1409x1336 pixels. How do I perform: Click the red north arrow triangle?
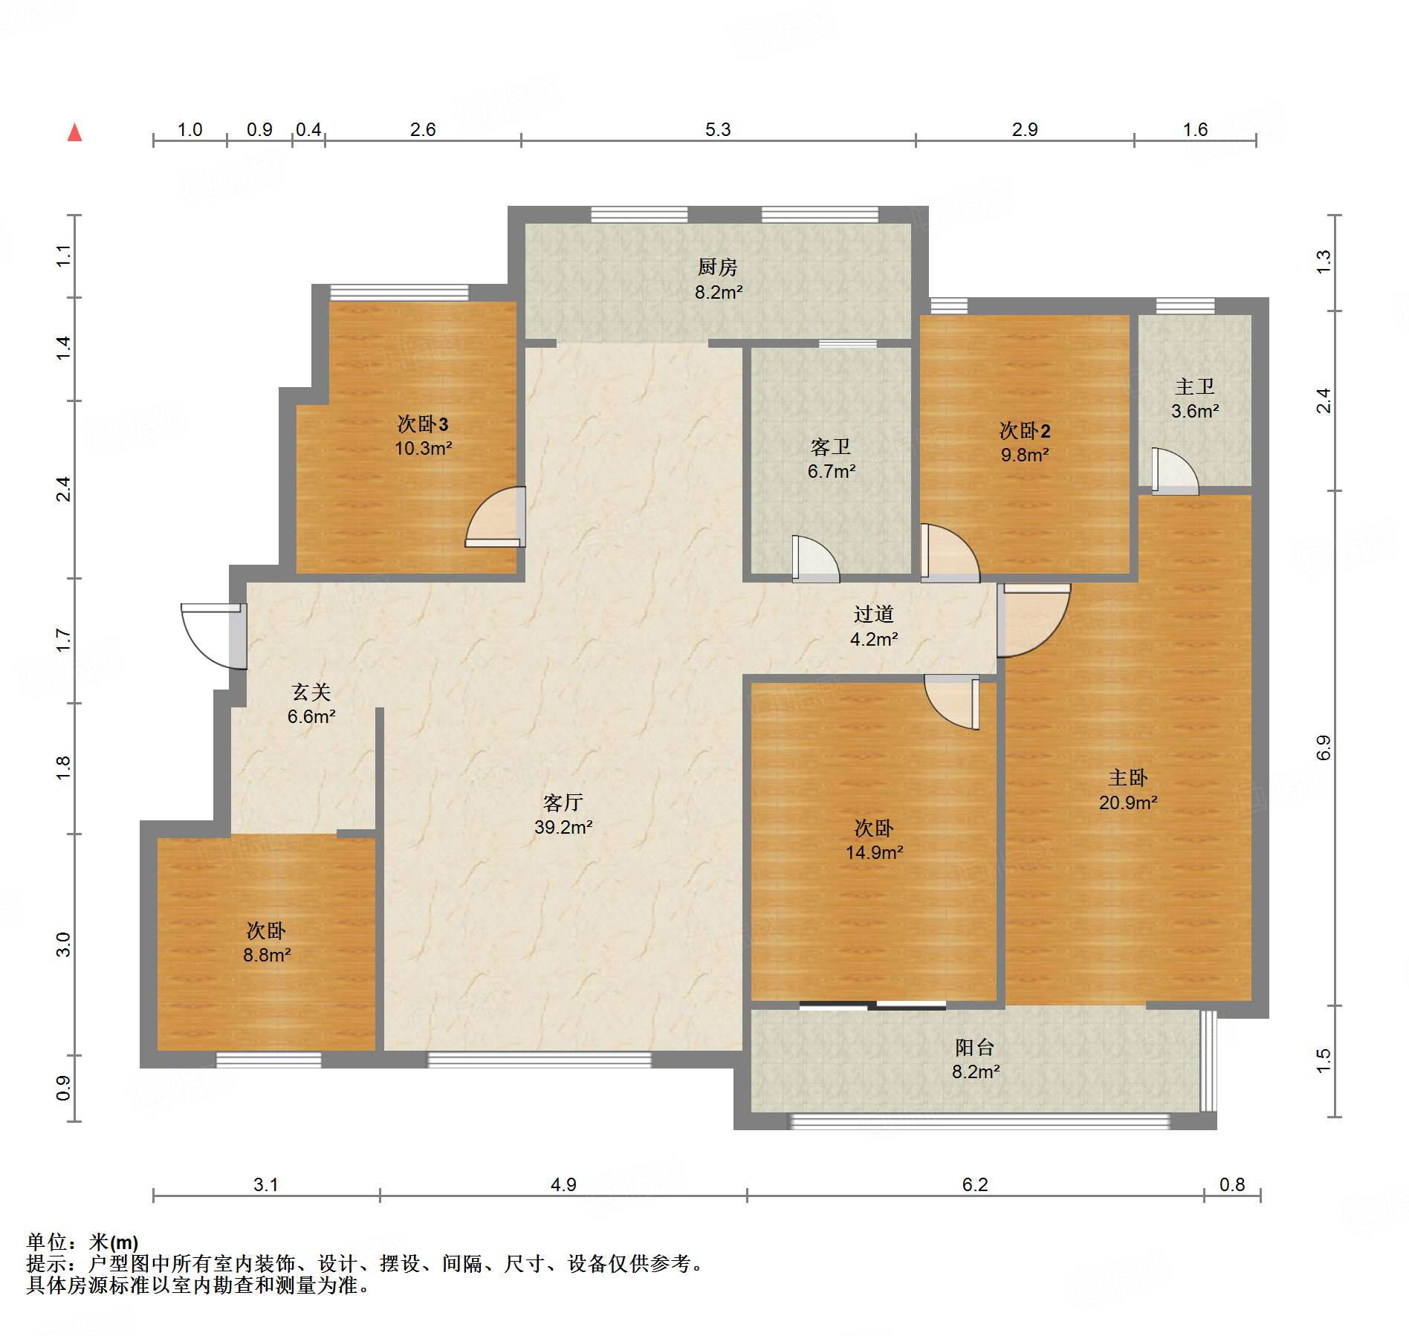[74, 133]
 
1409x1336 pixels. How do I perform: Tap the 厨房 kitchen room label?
[717, 267]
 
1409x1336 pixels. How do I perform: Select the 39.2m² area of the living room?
[563, 827]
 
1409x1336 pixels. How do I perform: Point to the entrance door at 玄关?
[214, 635]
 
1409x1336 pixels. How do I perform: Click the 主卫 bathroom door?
[1174, 472]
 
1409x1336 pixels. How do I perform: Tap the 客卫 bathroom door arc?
[815, 559]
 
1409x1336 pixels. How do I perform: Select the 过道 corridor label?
[873, 614]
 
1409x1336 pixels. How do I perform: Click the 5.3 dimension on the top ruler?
[717, 130]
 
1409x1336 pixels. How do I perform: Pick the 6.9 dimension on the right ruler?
[1324, 748]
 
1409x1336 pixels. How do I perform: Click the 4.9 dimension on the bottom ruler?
[563, 1184]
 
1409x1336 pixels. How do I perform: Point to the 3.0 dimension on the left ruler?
[64, 944]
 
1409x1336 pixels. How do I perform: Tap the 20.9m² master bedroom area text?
[1127, 802]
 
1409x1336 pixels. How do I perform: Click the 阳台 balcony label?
[974, 1048]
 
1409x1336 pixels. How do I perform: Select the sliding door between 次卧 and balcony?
[872, 1006]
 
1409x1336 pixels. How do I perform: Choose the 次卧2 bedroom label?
[1024, 430]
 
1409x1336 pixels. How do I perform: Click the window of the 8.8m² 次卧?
[268, 1060]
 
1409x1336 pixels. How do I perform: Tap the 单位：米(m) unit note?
[82, 1242]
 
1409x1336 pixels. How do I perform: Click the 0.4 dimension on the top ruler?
[308, 130]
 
